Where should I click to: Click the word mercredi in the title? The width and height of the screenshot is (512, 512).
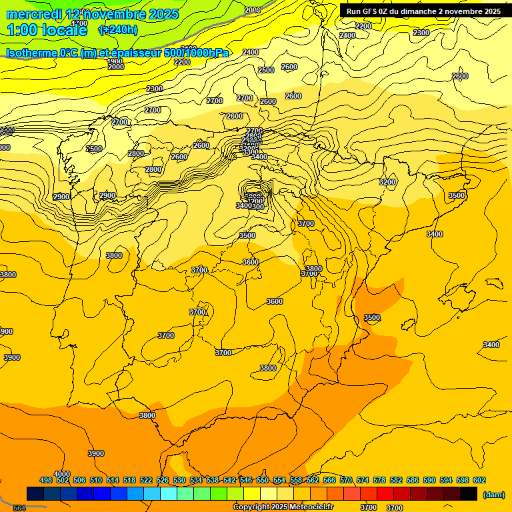[x=34, y=14]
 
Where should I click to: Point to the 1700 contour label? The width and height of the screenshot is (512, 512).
[x=79, y=24]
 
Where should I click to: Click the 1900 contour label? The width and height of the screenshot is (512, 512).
[x=115, y=61]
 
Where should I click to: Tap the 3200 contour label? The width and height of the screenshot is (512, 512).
[x=387, y=182]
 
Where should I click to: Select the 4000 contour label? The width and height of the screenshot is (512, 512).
[x=62, y=474]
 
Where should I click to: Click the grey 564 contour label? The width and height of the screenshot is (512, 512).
[x=19, y=508]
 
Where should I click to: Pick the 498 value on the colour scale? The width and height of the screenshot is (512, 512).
[x=46, y=480]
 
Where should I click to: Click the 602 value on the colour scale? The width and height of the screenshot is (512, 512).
[x=479, y=480]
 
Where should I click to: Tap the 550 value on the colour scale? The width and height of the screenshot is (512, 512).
[x=263, y=480]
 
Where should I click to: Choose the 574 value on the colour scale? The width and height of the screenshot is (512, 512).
[x=362, y=480]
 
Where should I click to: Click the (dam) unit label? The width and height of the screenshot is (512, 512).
[x=493, y=495]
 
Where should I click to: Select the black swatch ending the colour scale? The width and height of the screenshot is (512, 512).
[x=469, y=493]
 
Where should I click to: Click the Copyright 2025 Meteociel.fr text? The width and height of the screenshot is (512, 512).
[x=283, y=507]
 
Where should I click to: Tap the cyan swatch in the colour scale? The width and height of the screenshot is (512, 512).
[x=169, y=493]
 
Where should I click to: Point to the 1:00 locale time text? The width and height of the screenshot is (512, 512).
[x=47, y=30]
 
